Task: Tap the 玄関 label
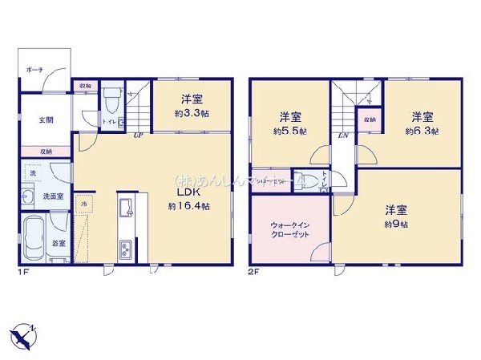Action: click(x=47, y=120)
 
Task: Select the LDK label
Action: click(x=188, y=192)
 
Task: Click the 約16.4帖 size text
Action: click(x=189, y=206)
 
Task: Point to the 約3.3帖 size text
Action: click(x=191, y=115)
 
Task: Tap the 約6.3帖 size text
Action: click(x=422, y=131)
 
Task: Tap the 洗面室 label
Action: click(x=53, y=196)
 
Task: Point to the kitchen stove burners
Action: click(x=127, y=251)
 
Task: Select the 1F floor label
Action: click(x=24, y=271)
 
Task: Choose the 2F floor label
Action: click(x=254, y=271)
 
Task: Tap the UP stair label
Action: click(x=139, y=136)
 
